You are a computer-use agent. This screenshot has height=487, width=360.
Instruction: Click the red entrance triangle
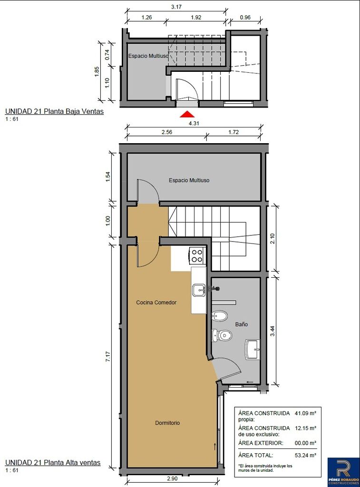pos(188,114)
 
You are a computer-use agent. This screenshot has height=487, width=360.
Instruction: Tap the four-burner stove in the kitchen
pos(197,256)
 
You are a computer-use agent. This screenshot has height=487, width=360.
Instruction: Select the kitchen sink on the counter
pos(199,290)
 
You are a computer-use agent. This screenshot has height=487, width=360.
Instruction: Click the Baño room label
pos(241,324)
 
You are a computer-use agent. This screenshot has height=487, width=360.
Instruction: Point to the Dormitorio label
pos(167,423)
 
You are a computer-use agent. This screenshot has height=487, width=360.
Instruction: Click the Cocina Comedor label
pos(156,302)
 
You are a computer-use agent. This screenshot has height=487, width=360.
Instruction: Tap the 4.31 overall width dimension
pos(194,123)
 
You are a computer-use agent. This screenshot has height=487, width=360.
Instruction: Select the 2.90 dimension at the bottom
pos(172,478)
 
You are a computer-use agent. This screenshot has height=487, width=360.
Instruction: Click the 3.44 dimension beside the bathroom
pos(272,331)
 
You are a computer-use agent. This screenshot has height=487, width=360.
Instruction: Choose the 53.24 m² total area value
pos(305,455)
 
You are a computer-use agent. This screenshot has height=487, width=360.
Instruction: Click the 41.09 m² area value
pos(305,413)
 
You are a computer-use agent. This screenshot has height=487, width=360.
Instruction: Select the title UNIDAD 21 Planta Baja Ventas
pos(54,111)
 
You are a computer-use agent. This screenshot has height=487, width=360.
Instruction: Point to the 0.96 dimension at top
pos(245,18)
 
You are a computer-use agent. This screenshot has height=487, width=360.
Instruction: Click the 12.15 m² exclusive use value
pos(305,428)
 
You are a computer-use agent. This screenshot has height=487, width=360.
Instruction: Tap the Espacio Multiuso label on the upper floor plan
pos(189,180)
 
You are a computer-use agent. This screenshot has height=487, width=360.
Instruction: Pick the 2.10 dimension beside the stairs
pos(272,239)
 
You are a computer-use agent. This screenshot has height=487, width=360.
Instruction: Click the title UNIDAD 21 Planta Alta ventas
pos(53,463)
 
